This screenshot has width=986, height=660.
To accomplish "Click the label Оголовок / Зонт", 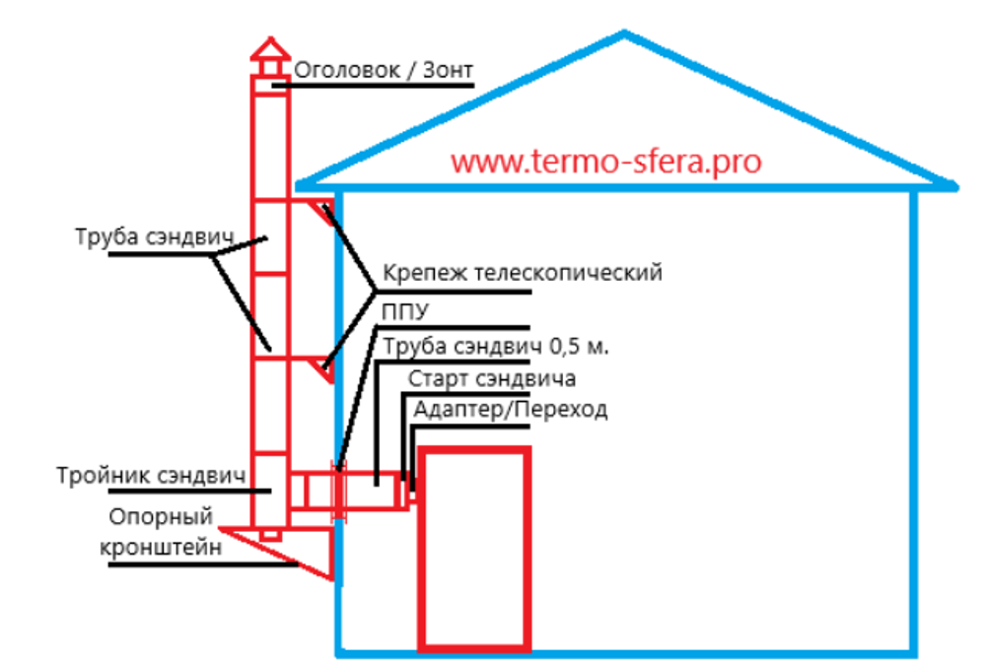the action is pos(385,71).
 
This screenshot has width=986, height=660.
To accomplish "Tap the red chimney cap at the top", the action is pos(269,51).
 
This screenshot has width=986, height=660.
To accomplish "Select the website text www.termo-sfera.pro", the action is pos(606,162).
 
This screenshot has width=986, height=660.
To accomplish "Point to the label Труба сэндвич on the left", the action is pos(153,237).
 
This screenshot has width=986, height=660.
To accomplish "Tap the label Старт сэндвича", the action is pos(492,378).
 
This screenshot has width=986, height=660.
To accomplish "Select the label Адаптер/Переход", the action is pos(511,410).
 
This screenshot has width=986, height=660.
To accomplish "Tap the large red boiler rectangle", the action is pos(474,548).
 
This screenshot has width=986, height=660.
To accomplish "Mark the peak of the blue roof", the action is pos(624,35).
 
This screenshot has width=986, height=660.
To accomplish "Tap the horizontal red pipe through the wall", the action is pos(350,490).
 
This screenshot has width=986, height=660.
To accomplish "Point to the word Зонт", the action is pos(449,71).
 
